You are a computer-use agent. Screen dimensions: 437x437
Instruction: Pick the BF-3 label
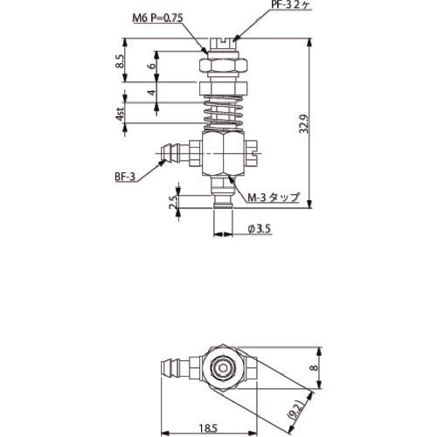tap(126, 175)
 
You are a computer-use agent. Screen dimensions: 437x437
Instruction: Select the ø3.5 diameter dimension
tap(260, 228)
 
